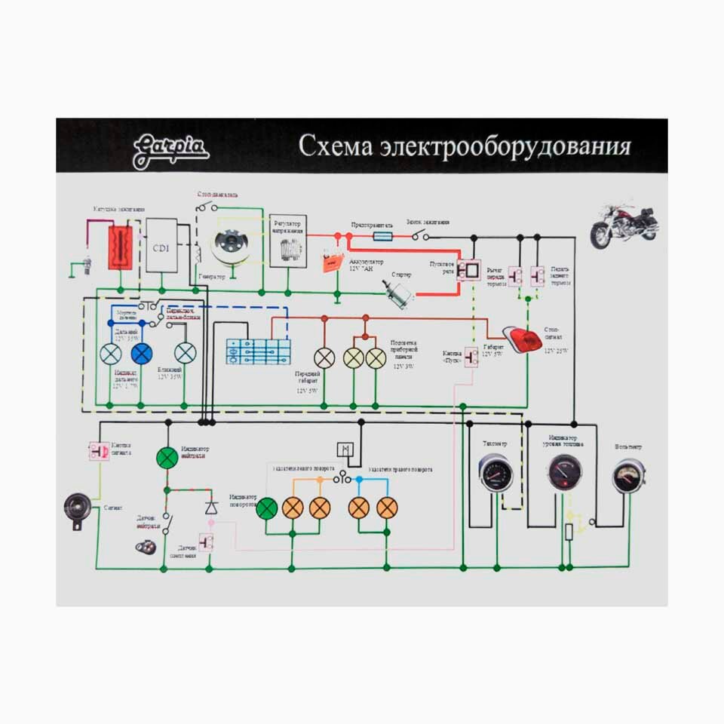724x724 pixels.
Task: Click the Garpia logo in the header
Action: tap(170, 151)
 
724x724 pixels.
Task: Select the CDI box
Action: tap(161, 245)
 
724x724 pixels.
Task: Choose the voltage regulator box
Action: tap(287, 240)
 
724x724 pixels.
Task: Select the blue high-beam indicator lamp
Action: tap(141, 354)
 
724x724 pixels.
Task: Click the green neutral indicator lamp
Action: tap(166, 458)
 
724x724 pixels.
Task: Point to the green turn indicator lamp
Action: tap(266, 508)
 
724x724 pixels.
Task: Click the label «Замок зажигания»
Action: tap(428, 222)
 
